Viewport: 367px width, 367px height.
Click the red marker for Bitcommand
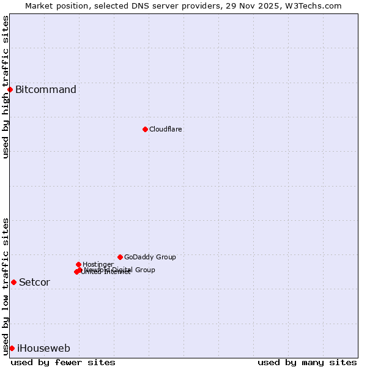tap(10, 90)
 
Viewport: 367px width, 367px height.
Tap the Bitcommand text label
tap(46, 90)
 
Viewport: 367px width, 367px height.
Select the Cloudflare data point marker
tap(145, 129)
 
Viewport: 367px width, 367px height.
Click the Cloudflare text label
tap(166, 130)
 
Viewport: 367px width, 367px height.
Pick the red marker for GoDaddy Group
tap(120, 257)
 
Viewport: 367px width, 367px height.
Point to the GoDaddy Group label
tap(150, 258)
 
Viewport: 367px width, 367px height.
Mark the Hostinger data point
tap(78, 264)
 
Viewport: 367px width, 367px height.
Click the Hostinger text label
tap(98, 265)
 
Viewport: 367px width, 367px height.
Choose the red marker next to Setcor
tap(13, 282)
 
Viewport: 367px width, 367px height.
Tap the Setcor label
tap(34, 283)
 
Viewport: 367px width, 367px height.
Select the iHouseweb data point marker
tap(12, 348)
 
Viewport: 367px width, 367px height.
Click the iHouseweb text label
tap(43, 349)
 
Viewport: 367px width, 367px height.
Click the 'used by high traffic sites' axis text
tap(6, 87)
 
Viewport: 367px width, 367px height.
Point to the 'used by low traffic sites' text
tap(6, 286)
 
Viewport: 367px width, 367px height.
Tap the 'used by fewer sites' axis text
tap(63, 363)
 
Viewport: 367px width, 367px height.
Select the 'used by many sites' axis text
tap(307, 363)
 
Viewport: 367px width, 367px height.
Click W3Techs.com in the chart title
tap(312, 6)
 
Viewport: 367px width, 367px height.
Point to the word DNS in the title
tap(142, 6)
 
